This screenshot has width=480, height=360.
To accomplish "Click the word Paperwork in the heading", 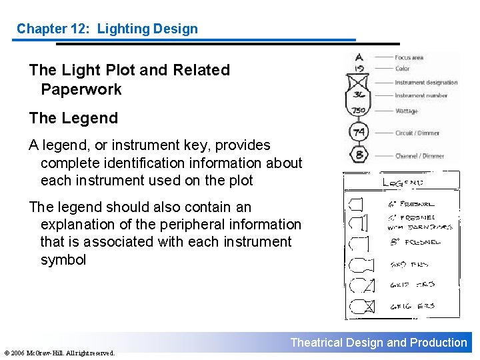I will (x=81, y=89).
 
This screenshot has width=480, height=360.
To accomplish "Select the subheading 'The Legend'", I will (x=73, y=119).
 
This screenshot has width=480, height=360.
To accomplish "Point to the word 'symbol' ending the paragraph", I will (x=63, y=260).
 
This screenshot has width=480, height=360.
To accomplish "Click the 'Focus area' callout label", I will (x=409, y=57).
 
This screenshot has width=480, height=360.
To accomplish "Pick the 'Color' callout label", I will (x=402, y=69).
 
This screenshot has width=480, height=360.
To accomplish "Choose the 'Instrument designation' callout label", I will (x=426, y=83).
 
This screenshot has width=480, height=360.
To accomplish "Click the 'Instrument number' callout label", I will (x=421, y=95).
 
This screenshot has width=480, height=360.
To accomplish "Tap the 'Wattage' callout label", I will (x=406, y=111).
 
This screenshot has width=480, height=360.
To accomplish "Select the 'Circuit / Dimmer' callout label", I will (x=417, y=133).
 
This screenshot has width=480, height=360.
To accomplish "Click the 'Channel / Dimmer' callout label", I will (x=419, y=156).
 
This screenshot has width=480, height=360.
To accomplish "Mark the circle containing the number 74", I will (x=359, y=133).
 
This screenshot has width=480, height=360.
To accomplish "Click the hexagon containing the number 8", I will (x=359, y=155).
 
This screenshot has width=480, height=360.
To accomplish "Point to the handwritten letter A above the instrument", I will (x=359, y=57).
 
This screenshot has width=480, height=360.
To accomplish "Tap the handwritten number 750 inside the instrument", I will (x=359, y=110).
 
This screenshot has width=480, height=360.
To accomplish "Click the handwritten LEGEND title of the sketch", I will (x=403, y=181).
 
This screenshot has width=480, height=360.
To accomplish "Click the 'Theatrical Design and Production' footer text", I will (x=379, y=343).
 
